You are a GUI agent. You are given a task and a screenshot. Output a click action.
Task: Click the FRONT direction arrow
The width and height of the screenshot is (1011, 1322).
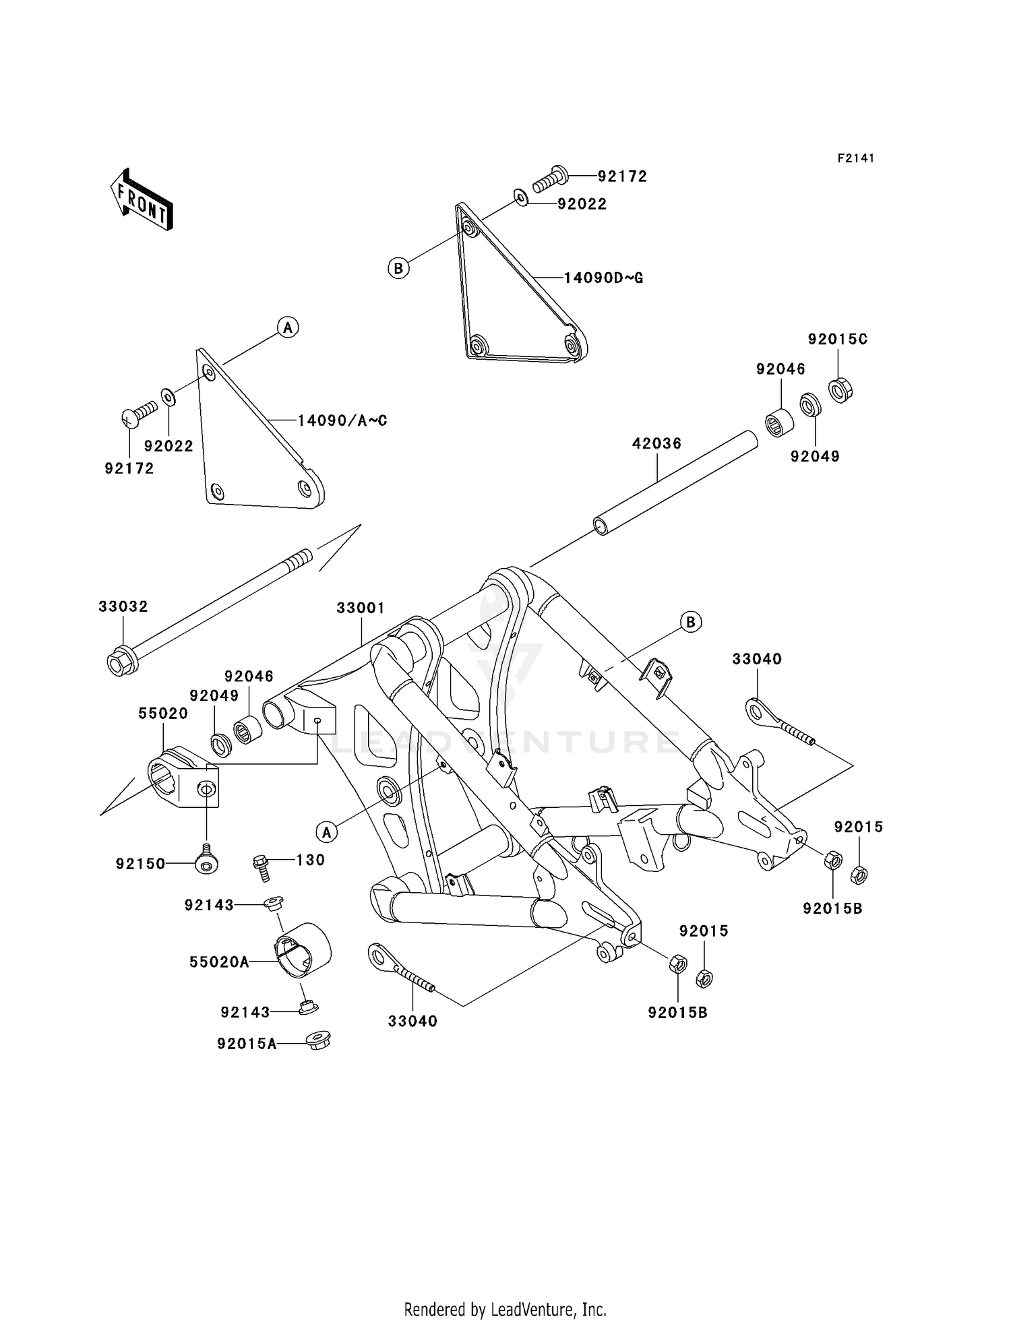[142, 201]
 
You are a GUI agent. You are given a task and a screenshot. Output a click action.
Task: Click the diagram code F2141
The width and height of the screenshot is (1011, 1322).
[856, 158]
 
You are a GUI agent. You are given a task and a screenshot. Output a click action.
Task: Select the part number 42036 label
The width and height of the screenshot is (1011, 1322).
[656, 443]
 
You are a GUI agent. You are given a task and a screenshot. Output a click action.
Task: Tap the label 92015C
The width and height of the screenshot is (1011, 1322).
[838, 339]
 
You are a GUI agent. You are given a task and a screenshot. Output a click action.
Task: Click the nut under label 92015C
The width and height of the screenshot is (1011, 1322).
[840, 390]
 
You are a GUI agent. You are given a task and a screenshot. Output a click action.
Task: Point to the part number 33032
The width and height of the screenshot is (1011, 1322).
[123, 606]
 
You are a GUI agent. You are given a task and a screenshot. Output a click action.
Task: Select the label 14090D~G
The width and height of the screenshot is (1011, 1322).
[603, 278]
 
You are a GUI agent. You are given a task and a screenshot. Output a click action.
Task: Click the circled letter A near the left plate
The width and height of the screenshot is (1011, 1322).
[288, 327]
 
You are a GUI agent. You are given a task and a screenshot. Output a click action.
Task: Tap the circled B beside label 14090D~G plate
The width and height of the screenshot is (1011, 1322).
[398, 268]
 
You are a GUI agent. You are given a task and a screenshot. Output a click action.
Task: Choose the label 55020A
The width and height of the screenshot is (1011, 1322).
[219, 962]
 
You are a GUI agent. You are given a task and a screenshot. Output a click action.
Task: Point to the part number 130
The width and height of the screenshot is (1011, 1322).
[311, 860]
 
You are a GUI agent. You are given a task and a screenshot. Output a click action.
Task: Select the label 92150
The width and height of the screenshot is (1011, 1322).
[140, 864]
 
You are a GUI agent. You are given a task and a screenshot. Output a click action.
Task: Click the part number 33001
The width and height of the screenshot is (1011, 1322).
[361, 608]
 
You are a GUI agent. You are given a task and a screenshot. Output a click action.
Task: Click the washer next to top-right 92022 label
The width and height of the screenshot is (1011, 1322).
[520, 197]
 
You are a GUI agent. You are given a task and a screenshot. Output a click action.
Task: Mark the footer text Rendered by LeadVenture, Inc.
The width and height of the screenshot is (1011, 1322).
[505, 1309]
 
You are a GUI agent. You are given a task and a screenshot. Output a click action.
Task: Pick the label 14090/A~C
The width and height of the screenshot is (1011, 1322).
[342, 421]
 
